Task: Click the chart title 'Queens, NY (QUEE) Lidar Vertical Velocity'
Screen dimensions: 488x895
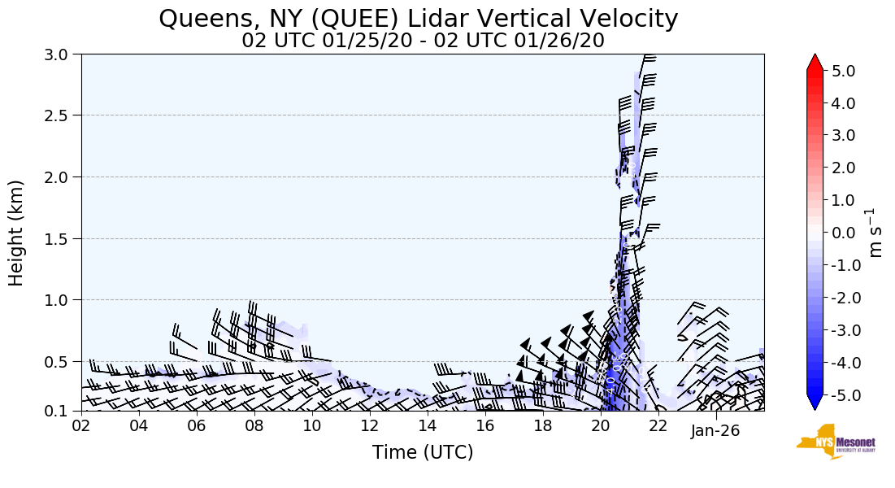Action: point(419,18)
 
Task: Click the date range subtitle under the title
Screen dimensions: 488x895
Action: point(423,40)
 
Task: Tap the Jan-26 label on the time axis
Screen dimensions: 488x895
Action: point(715,430)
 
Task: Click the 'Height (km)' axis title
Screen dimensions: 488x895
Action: point(16,233)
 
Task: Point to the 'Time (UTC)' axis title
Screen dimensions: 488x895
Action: point(423,452)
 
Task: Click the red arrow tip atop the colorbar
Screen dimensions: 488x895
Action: point(815,61)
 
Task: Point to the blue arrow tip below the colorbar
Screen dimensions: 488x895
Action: point(815,403)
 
